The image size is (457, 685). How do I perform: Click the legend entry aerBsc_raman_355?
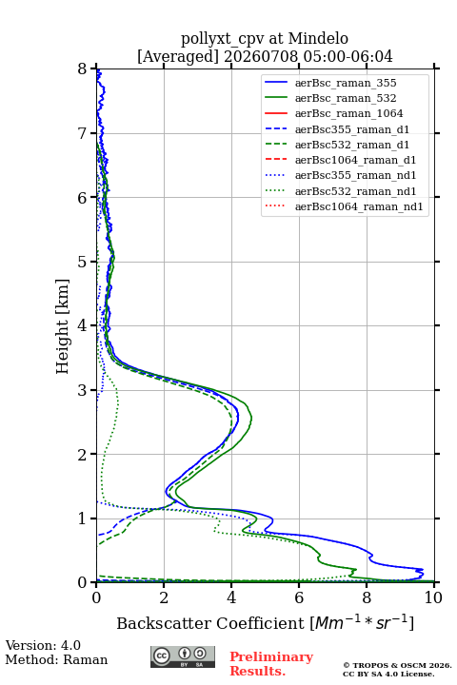click(x=346, y=83)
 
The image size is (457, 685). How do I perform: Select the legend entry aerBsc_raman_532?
click(x=346, y=98)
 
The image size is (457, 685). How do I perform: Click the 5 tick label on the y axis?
click(x=83, y=262)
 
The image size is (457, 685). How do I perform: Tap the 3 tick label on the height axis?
click(x=83, y=390)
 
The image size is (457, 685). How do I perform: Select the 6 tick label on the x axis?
click(x=299, y=597)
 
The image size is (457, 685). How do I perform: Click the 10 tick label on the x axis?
click(x=433, y=597)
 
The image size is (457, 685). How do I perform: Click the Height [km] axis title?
click(x=63, y=326)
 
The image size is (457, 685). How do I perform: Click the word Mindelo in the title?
click(x=318, y=38)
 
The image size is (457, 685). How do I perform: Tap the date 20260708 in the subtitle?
click(x=262, y=56)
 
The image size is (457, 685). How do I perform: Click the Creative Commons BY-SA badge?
click(x=183, y=656)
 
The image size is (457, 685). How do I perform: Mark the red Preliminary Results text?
click(x=271, y=664)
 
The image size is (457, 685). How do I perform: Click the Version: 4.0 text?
click(x=43, y=645)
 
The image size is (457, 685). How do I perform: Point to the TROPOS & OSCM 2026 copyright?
click(x=398, y=665)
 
